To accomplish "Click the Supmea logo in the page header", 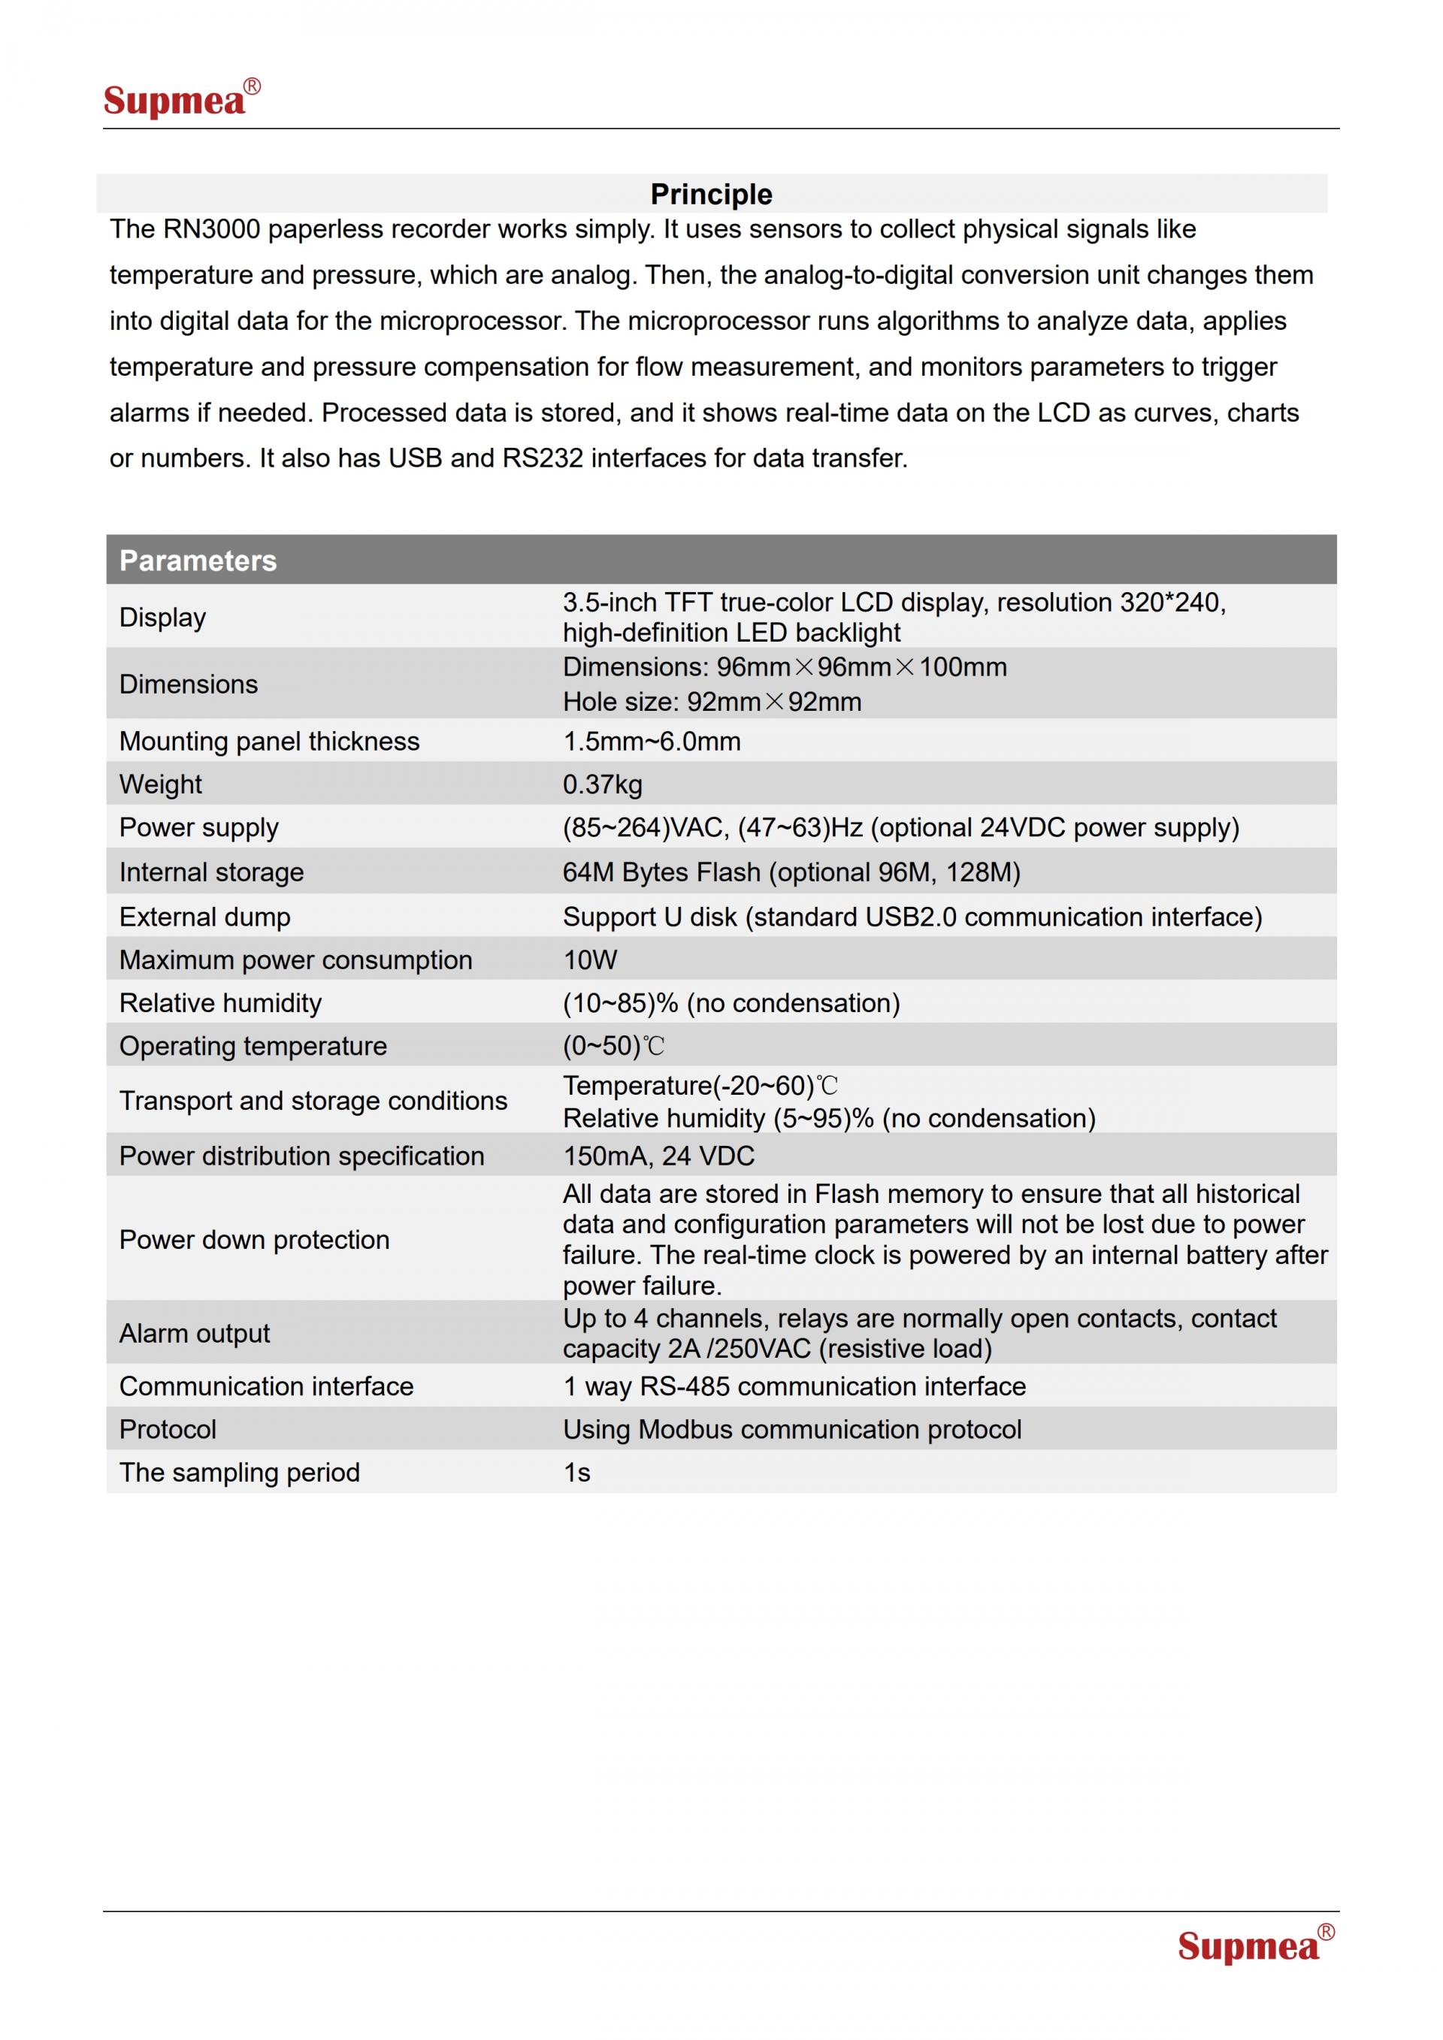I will click(x=180, y=98).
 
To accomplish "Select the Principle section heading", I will click(x=711, y=194).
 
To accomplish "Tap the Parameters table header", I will click(x=198, y=561).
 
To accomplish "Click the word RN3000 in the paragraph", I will click(x=210, y=229).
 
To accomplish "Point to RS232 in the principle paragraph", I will click(x=542, y=458).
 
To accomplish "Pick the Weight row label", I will click(x=161, y=784).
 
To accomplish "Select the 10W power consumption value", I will click(x=589, y=960).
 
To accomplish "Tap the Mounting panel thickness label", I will click(x=269, y=742).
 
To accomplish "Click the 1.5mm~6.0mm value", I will click(x=652, y=742).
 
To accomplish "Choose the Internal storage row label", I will click(x=211, y=872).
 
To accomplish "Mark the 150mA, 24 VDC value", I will click(x=658, y=1156).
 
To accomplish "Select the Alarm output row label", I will click(x=195, y=1334).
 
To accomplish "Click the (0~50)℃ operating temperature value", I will click(x=613, y=1047).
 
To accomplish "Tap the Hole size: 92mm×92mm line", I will click(x=712, y=702).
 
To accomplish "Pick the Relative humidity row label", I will click(x=220, y=1003).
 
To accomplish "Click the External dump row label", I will click(x=205, y=917).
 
